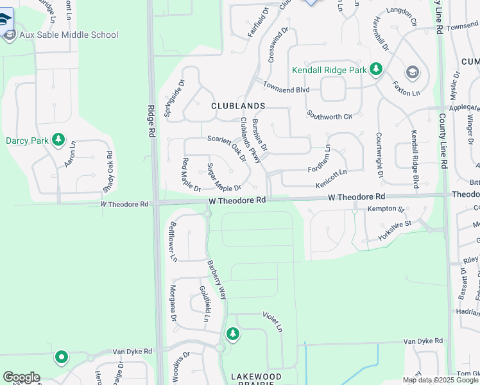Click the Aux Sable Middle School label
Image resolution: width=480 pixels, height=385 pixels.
click(x=69, y=35)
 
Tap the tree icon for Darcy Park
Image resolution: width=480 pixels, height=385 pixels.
click(x=58, y=139)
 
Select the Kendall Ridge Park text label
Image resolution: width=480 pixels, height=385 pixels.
click(x=329, y=69)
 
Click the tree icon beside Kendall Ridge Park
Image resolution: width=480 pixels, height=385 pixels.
click(x=376, y=69)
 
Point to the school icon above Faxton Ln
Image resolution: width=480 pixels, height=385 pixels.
click(x=411, y=71)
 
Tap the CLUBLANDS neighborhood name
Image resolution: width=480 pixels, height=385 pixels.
click(x=238, y=106)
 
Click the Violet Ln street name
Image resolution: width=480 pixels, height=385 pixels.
click(x=272, y=321)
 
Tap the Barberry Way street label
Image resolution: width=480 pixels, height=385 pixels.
click(x=216, y=280)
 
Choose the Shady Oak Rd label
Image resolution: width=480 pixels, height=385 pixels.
click(x=108, y=172)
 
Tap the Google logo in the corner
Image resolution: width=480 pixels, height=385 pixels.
click(x=21, y=377)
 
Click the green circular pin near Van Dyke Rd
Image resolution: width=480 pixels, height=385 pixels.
click(x=62, y=356)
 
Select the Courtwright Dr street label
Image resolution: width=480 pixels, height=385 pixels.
click(x=379, y=155)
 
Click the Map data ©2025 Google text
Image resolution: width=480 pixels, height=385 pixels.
click(x=440, y=380)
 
